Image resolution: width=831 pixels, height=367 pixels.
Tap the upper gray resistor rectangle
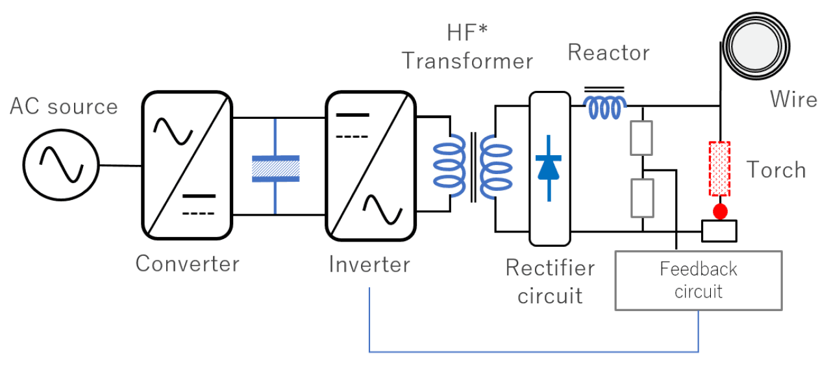click(641, 138)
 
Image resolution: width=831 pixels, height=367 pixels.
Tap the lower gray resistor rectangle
click(641, 197)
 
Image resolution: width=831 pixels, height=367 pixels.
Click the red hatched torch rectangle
click(719, 169)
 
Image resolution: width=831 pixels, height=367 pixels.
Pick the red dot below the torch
click(719, 212)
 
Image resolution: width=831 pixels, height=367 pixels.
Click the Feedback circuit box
click(698, 280)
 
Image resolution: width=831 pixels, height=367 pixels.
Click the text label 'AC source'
click(64, 107)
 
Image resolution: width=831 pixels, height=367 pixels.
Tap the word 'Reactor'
click(608, 53)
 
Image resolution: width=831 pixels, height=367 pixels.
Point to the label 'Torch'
click(776, 170)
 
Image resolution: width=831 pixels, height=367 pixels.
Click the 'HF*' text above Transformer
click(467, 32)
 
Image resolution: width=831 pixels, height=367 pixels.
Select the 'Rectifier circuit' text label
click(550, 281)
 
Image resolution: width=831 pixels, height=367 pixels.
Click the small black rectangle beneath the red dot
click(719, 230)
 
